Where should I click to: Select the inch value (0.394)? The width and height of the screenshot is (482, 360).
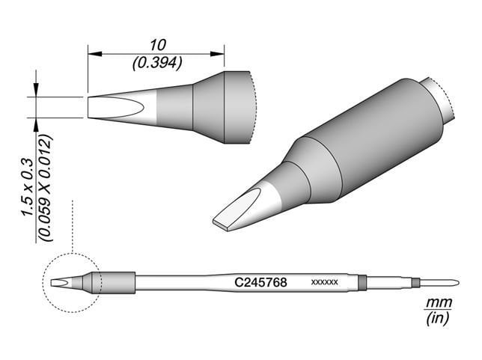coord(156,64)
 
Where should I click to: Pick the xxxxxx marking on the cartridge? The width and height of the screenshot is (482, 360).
coord(324,283)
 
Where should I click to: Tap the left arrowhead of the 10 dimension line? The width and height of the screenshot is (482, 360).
coord(92,53)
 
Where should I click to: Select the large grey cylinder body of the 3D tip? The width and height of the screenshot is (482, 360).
coord(367,142)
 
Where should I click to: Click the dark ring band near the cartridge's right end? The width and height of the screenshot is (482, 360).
coord(362,283)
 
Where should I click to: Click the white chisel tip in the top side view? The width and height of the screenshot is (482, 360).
coord(112,107)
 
